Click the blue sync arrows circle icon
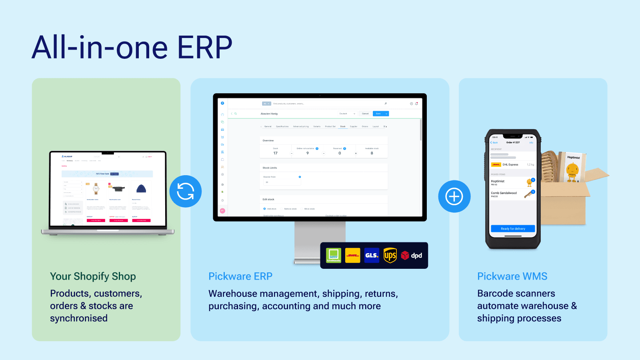coord(185,191)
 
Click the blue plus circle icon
coord(454,196)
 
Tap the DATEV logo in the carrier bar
coord(334,255)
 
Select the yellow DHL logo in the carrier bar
coord(352,255)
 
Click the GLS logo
coord(372,255)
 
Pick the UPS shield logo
coord(390,255)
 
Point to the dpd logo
coord(412,255)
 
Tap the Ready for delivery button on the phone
coord(513,228)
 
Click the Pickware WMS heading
coord(512,276)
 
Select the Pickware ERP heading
coord(240,276)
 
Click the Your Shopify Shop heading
coord(93,276)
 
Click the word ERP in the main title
coord(204,48)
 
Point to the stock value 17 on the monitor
coord(275,153)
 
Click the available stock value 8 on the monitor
coord(372,153)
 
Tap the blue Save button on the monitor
coord(378,114)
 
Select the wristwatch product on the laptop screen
coord(96,189)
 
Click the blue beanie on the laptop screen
coord(141,189)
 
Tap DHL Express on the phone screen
coord(510,164)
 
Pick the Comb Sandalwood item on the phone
coord(504,193)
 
